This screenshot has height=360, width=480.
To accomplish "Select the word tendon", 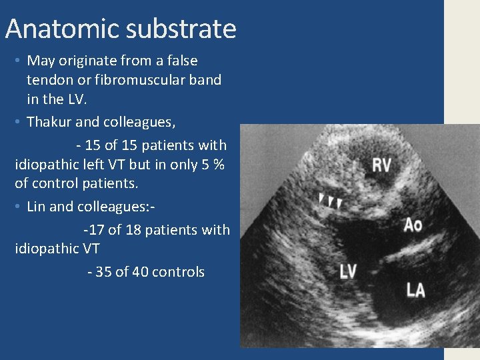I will (49, 80).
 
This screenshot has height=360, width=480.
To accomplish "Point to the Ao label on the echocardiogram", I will (413, 225).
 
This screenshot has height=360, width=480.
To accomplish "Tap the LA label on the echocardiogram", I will (416, 289).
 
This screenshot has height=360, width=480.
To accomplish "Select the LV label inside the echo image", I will (348, 271).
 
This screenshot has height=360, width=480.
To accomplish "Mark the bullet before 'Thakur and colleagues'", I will (17, 122).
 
